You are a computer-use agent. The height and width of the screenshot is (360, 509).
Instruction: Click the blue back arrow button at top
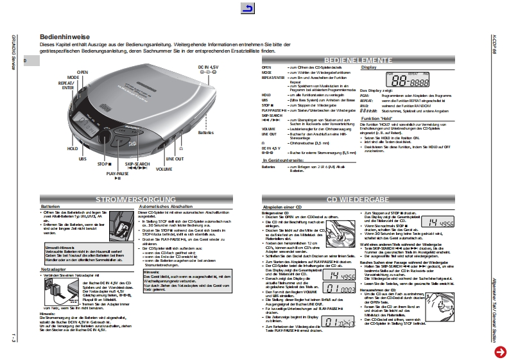tap(247, 8)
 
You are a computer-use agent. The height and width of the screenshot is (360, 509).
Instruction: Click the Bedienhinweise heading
tap(64, 37)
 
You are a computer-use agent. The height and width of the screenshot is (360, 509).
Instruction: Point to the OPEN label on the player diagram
tap(83, 71)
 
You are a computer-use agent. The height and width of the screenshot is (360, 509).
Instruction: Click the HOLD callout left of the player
tap(73, 148)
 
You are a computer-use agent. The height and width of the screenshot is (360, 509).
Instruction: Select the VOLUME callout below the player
tap(164, 169)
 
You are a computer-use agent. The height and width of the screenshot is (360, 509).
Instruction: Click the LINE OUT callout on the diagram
tap(175, 158)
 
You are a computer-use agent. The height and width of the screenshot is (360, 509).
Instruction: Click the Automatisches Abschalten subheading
tap(165, 207)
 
